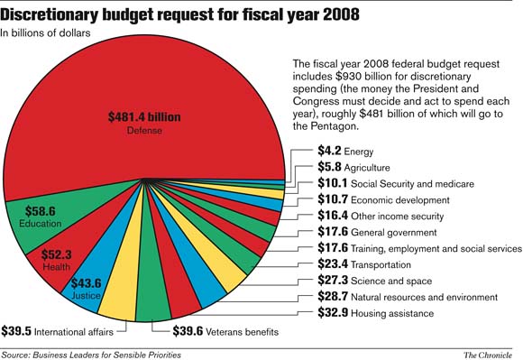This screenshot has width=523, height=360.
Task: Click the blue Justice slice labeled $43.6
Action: point(86,286)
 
